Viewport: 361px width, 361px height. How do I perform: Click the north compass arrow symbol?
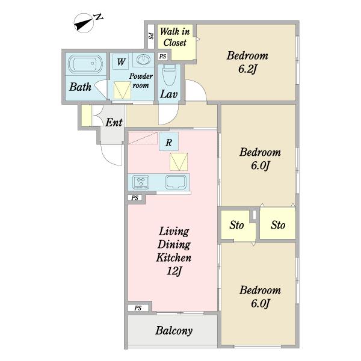pyautogui.click(x=84, y=23)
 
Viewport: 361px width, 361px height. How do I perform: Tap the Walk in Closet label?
pyautogui.click(x=174, y=37)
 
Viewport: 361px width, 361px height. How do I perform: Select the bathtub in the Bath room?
pyautogui.click(x=85, y=64)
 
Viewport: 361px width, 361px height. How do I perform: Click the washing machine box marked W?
pyautogui.click(x=121, y=61)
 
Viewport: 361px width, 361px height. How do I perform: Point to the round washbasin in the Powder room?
pyautogui.click(x=143, y=60)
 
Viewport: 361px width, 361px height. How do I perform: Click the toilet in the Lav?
pyautogui.click(x=169, y=75)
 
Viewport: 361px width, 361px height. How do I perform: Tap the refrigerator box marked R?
pyautogui.click(x=168, y=141)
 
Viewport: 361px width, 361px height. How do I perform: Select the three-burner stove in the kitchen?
pyautogui.click(x=141, y=181)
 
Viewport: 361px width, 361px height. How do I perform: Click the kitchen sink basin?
pyautogui.click(x=176, y=182)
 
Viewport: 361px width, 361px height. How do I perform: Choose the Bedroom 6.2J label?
pyautogui.click(x=247, y=63)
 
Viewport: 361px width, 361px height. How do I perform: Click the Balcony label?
pyautogui.click(x=174, y=330)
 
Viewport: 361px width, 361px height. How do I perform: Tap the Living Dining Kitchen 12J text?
pyautogui.click(x=174, y=251)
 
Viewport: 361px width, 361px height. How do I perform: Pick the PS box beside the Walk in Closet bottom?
pyautogui.click(x=163, y=57)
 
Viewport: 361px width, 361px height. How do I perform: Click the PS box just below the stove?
pyautogui.click(x=135, y=198)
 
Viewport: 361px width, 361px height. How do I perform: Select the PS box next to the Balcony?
pyautogui.click(x=138, y=308)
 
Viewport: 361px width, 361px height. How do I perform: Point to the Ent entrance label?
pyautogui.click(x=114, y=122)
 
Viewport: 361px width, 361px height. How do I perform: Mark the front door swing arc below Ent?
pyautogui.click(x=108, y=159)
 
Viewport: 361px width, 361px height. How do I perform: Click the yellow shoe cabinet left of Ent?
pyautogui.click(x=87, y=116)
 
